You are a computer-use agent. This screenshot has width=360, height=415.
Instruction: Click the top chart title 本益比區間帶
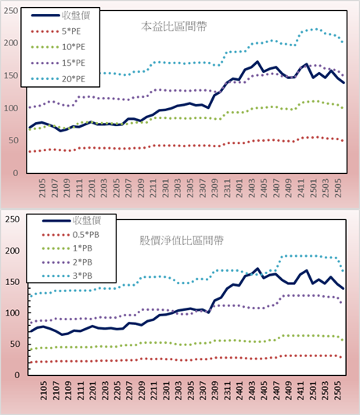click(174, 27)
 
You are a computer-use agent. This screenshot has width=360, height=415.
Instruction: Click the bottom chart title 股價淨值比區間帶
click(182, 240)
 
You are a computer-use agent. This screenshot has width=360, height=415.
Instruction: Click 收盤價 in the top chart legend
click(76, 16)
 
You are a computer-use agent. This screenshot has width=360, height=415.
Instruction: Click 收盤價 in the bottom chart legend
click(87, 221)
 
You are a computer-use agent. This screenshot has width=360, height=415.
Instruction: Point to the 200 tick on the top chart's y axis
click(11, 43)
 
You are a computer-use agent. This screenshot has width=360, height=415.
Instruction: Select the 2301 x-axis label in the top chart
click(165, 188)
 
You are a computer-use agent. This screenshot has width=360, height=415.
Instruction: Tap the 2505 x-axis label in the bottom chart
click(337, 391)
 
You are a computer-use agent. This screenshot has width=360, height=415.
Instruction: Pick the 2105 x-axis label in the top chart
click(42, 188)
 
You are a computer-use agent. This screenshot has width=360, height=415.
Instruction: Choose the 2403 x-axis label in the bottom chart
click(251, 391)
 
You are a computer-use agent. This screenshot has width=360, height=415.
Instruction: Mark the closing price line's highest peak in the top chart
click(257, 62)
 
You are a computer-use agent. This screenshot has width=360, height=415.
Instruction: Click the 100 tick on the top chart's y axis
click(11, 108)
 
